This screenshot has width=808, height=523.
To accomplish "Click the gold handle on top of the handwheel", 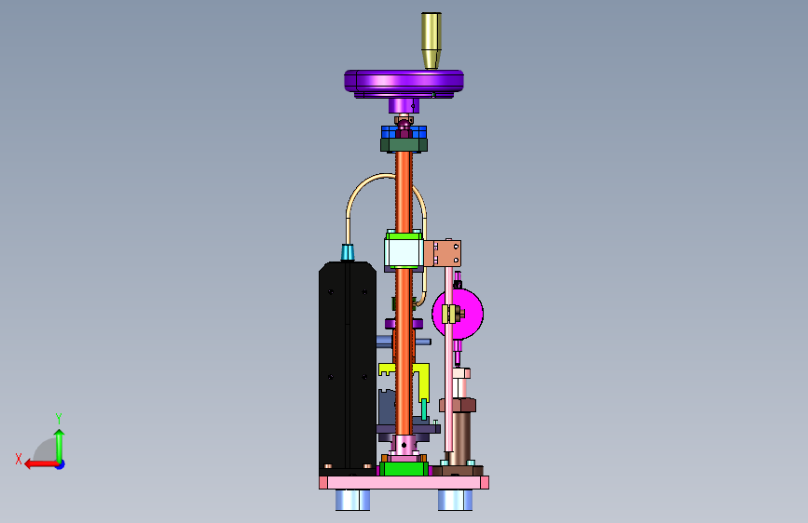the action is coord(431,41).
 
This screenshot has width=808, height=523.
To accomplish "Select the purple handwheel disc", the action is coord(404,84).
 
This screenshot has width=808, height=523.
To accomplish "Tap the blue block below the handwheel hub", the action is coord(404,132).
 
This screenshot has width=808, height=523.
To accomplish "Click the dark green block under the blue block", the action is coord(404,144).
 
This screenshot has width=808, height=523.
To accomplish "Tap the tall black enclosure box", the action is coord(348,368).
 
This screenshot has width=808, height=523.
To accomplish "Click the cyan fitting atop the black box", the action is coord(348,253).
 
